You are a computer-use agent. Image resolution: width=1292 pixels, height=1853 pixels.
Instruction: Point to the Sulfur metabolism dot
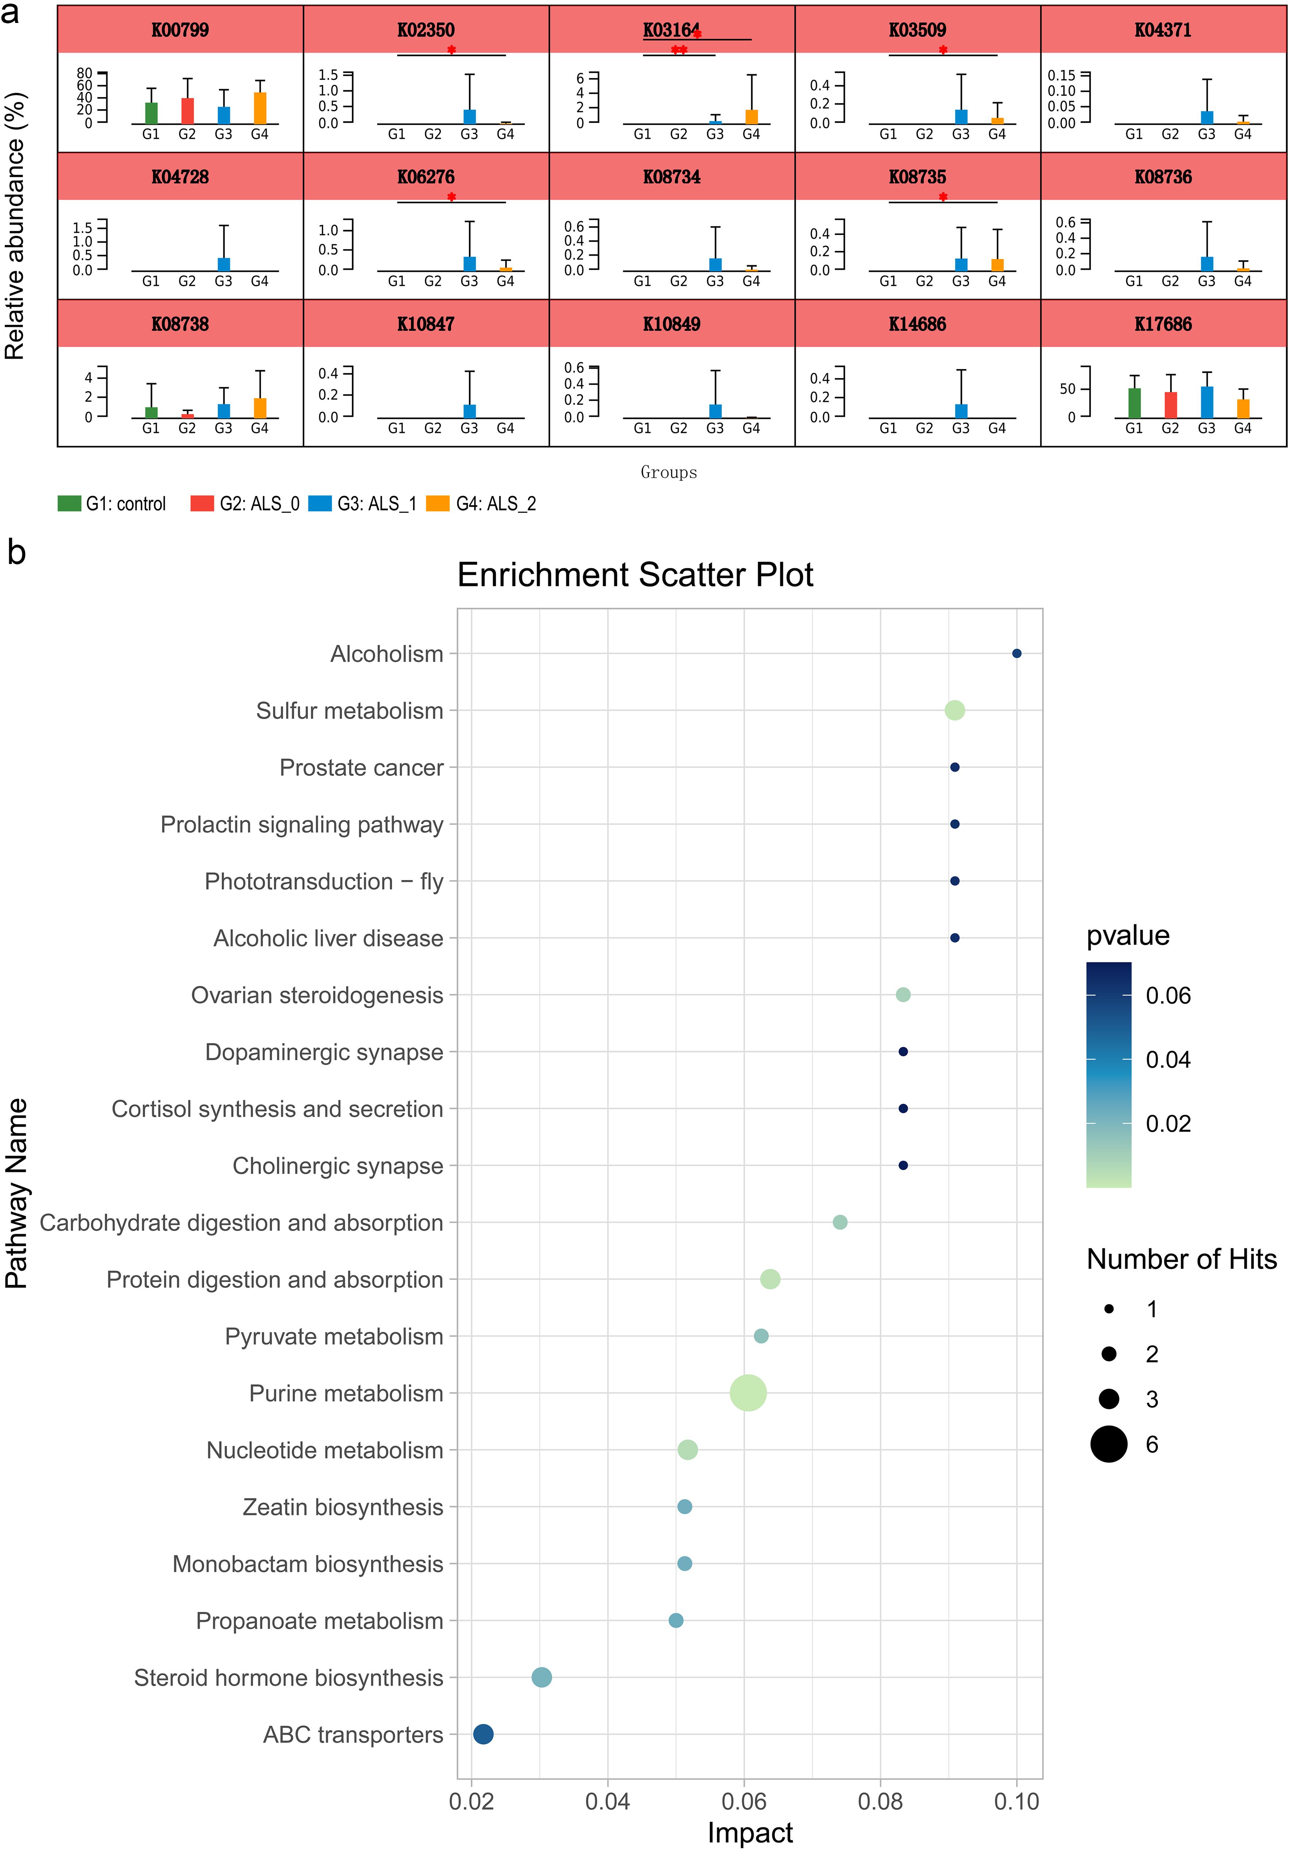pyautogui.click(x=954, y=710)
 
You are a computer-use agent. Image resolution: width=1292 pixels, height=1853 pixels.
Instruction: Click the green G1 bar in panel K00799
pyautogui.click(x=151, y=113)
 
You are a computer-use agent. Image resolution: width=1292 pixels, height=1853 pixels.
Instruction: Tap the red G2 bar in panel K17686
pyautogui.click(x=1170, y=404)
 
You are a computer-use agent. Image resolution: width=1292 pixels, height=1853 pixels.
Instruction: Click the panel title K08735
pyautogui.click(x=917, y=177)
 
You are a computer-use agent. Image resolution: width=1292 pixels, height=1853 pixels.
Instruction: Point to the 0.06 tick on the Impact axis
pyautogui.click(x=744, y=1801)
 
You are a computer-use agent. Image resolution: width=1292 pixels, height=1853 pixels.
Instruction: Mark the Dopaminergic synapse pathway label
pyautogui.click(x=324, y=1052)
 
